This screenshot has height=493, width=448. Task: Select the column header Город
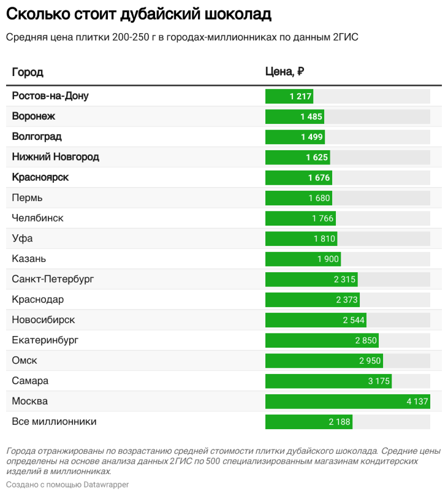coord(28,72)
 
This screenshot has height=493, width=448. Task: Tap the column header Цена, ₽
coord(284,72)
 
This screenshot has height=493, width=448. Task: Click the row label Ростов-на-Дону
coord(50,96)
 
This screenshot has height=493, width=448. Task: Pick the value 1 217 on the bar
coord(301,96)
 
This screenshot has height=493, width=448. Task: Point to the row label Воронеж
coord(34,117)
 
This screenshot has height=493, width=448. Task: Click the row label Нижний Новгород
coord(56,157)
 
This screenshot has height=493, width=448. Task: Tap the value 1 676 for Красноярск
coord(319,178)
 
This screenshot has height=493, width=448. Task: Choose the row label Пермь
coord(28,198)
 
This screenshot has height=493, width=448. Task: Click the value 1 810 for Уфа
coord(324,239)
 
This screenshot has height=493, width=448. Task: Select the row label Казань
coord(29,259)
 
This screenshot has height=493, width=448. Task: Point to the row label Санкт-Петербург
coord(53,280)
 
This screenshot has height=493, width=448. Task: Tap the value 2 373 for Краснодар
coord(347,300)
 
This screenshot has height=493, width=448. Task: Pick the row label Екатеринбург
coord(45,340)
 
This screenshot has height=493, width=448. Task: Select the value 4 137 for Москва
coord(417,402)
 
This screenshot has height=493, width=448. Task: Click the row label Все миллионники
coord(55,422)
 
